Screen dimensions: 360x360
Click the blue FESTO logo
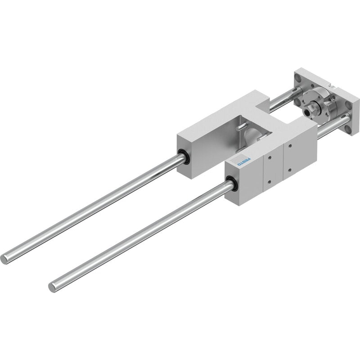click(x=244, y=161)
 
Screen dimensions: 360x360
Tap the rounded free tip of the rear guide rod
click(x=4, y=259)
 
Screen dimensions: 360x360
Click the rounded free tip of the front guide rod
click(x=52, y=287)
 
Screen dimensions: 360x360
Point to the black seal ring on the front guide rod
click(x=231, y=183)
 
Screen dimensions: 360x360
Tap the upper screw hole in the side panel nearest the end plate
click(x=290, y=146)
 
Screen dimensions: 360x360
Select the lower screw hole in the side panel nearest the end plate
click(x=290, y=170)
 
